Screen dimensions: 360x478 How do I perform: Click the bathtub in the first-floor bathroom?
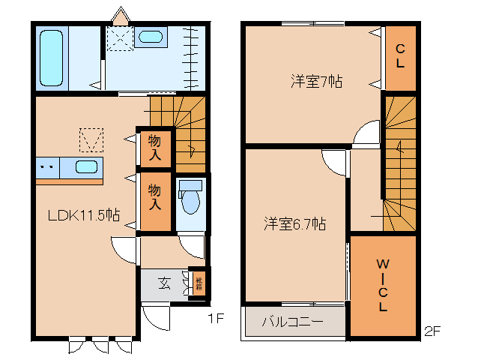pos(53,58)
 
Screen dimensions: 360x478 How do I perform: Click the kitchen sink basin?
pos(88,166)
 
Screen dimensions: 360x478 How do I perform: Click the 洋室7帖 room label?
pos(316,82)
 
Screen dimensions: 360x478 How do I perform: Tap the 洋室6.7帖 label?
pos(294,223)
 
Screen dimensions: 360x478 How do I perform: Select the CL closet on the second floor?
pos(401,57)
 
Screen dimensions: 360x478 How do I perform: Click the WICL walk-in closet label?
pos(382,285)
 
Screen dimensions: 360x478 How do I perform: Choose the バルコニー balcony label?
pos(292,322)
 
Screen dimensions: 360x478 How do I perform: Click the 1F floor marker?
pos(216,319)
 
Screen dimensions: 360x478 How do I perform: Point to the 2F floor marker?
pos(431,329)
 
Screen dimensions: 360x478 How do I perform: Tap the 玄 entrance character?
pos(163,283)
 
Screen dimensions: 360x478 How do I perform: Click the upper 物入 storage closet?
pos(155,146)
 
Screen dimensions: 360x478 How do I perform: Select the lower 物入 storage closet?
pos(155,196)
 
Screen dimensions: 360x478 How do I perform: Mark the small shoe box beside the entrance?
pos(199,283)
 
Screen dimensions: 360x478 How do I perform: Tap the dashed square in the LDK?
pos(91,139)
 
